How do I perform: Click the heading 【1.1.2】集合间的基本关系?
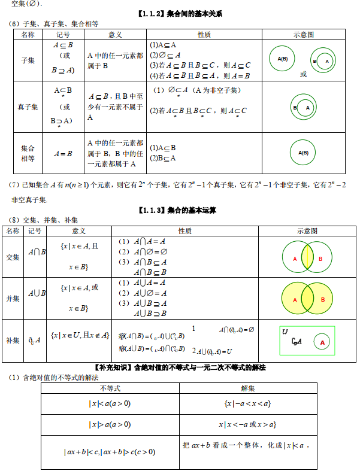(179, 14)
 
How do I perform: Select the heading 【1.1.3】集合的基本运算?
(179, 210)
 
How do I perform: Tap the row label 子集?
(28, 60)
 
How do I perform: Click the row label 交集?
(13, 257)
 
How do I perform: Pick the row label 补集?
(13, 339)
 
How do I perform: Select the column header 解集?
(247, 388)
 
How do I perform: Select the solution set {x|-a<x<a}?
(247, 403)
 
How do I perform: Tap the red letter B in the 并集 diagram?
(323, 299)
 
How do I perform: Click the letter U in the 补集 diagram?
(285, 332)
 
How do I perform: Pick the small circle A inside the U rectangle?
(322, 342)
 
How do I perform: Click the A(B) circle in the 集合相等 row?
(303, 153)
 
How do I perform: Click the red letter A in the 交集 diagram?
(295, 259)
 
